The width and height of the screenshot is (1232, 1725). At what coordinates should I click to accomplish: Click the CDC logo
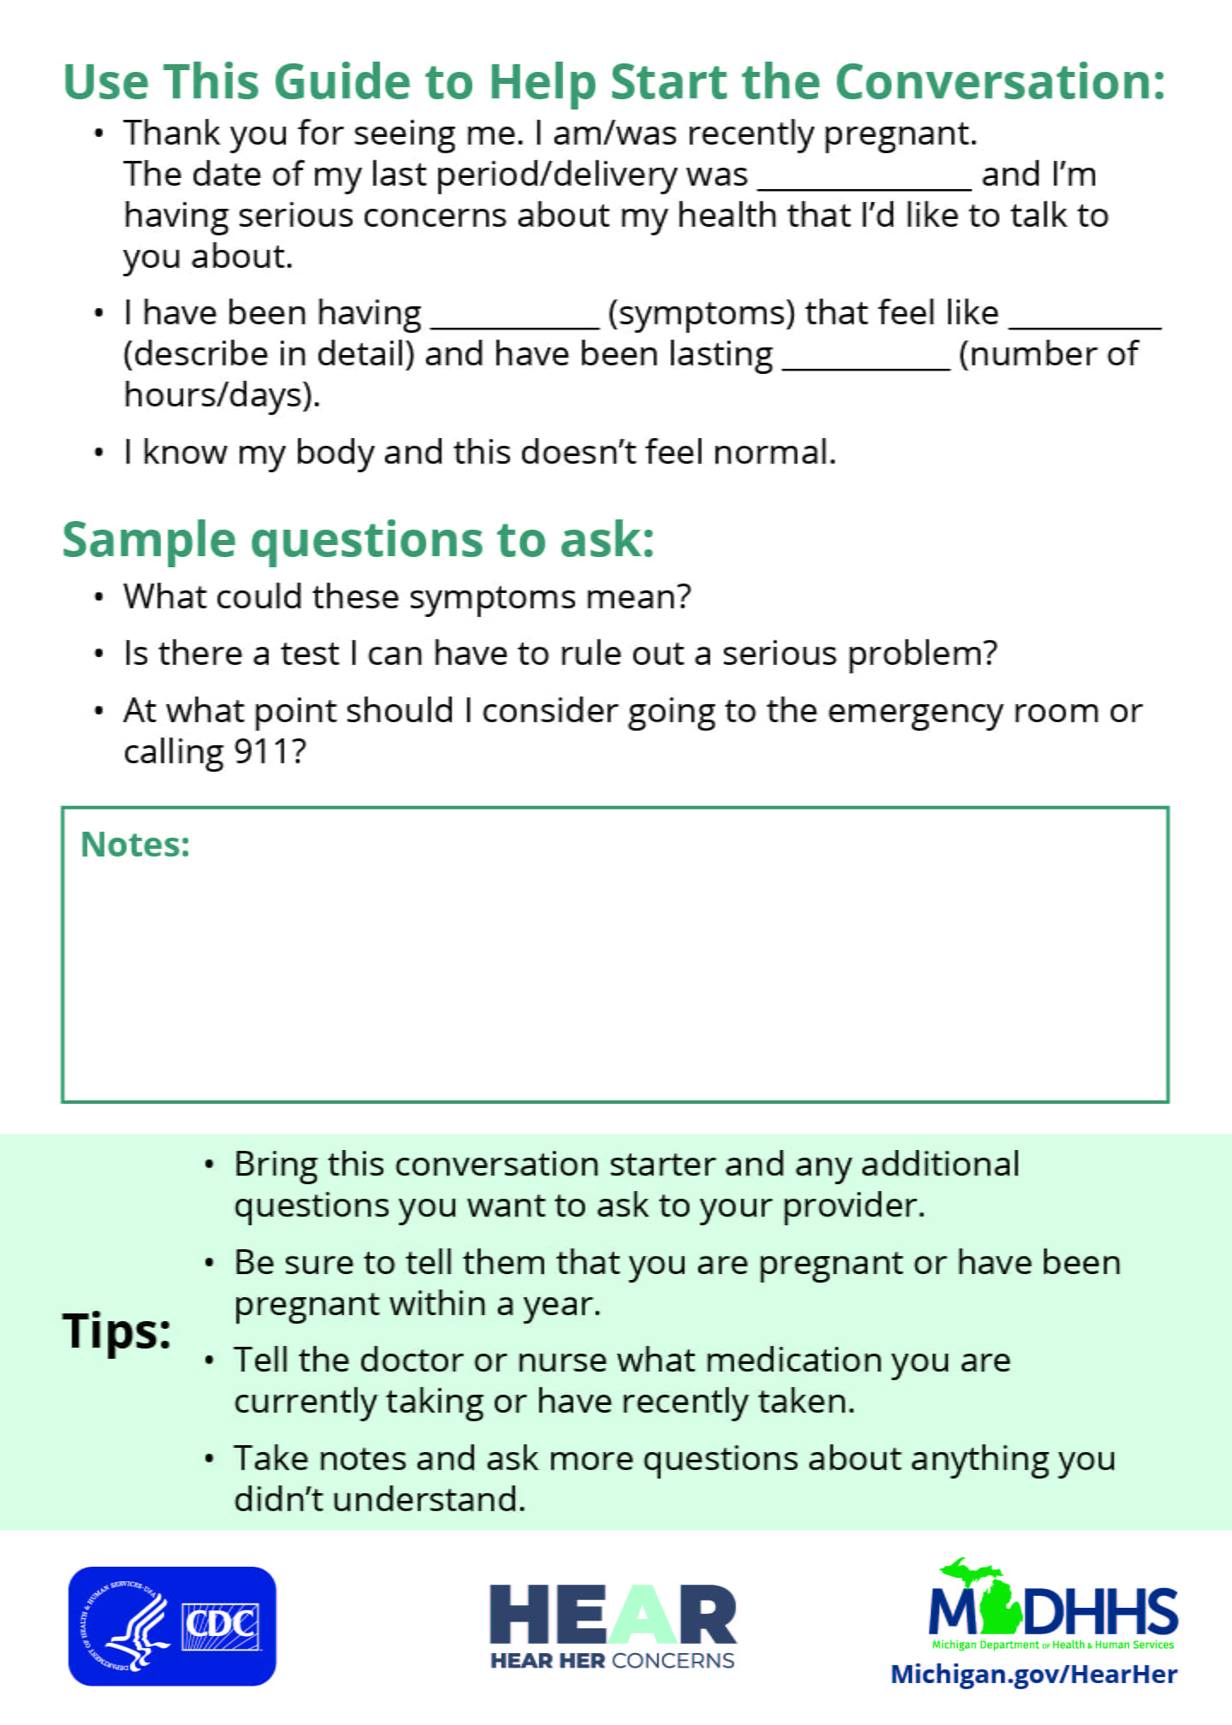[172, 1626]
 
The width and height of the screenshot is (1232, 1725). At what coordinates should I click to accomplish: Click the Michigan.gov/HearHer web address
[1034, 1674]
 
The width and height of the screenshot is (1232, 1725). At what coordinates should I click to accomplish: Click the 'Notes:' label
[135, 845]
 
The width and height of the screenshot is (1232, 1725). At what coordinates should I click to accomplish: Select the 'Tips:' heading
[116, 1331]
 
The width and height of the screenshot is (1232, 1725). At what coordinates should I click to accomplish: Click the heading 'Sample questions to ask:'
[358, 540]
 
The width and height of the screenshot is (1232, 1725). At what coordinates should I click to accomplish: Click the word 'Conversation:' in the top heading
[1000, 82]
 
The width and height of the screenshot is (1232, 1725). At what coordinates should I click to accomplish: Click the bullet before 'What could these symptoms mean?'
[99, 597]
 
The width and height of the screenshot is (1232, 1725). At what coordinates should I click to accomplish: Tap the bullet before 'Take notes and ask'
[210, 1459]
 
